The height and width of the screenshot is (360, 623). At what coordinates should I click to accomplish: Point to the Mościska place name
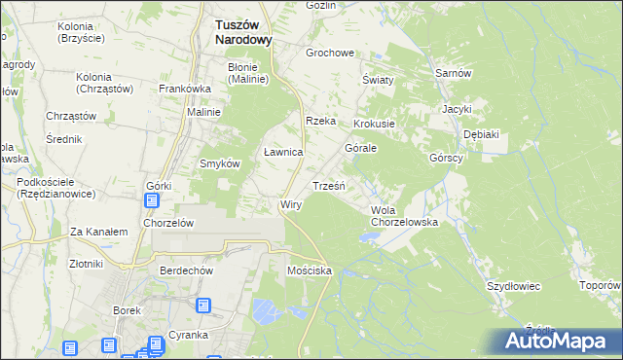[x=311, y=270]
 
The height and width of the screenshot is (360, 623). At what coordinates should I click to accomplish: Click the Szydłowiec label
[x=513, y=286]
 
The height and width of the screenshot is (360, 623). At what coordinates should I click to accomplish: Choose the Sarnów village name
[x=454, y=74]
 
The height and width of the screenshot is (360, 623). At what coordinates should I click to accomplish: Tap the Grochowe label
[x=329, y=53]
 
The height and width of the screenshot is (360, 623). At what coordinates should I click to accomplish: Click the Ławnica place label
[x=284, y=153]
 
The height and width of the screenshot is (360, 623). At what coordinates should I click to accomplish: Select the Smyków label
[x=220, y=163]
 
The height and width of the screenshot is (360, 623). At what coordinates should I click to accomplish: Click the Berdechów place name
[x=188, y=271]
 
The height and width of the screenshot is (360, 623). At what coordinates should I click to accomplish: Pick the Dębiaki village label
[x=481, y=134]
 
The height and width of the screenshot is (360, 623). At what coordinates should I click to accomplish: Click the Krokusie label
[x=374, y=125]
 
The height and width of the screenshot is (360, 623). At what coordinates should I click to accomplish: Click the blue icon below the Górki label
[x=152, y=201]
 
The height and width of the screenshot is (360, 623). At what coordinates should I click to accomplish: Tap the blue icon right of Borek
[x=203, y=306]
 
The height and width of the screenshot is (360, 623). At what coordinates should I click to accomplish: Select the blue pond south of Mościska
[x=264, y=311]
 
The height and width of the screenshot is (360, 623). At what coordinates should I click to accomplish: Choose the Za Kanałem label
[x=99, y=232]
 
